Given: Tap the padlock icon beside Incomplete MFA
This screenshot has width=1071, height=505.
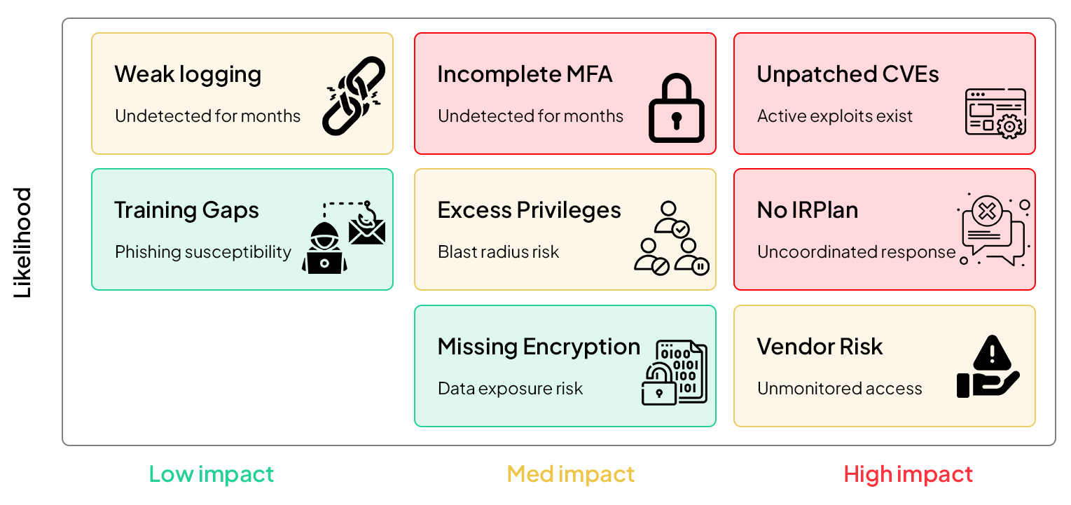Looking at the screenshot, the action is [676, 109].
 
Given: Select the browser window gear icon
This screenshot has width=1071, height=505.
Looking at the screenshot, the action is [995, 113].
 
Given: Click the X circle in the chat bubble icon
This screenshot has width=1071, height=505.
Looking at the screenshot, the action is [988, 211].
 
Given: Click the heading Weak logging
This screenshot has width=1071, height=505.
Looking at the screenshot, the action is [188, 74].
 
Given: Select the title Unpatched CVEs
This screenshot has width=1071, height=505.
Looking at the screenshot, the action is [848, 74].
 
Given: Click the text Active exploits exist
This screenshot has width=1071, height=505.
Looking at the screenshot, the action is [835, 116].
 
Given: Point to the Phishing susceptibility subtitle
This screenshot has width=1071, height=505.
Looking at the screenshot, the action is [203, 251].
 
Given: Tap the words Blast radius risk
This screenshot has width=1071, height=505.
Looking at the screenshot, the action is [499, 251].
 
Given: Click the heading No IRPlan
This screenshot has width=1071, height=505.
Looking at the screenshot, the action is [808, 210].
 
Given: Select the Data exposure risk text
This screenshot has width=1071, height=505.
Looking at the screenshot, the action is [510, 388].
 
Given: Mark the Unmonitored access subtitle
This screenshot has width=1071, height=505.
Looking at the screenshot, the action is [840, 388].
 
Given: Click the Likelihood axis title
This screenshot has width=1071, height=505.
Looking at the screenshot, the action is [23, 243].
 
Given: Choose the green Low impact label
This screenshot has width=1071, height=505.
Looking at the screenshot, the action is [212, 474].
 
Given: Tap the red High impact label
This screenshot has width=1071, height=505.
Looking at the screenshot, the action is [908, 474].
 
